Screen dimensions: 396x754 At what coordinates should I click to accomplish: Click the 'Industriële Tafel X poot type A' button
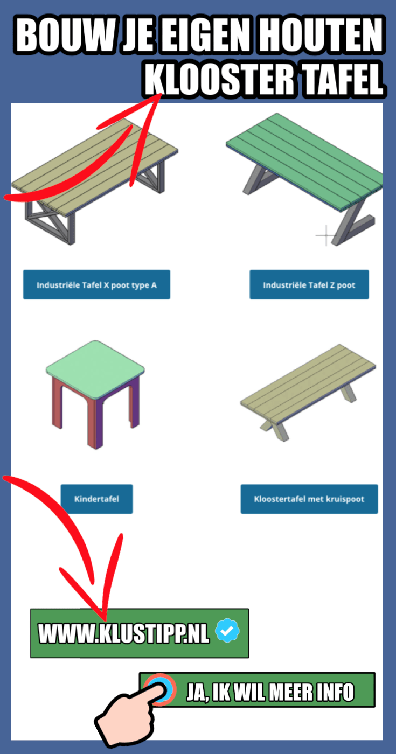pos(96,284)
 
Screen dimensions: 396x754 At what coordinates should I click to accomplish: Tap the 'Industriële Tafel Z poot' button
pos(309,284)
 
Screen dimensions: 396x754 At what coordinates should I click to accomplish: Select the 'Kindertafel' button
pos(96,499)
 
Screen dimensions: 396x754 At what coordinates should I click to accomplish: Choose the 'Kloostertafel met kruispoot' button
pos(309,499)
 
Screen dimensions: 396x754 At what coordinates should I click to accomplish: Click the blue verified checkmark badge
pos(227,630)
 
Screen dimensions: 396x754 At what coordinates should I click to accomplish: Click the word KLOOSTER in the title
pos(220,80)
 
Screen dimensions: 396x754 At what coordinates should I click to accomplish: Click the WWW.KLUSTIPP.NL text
pos(123,633)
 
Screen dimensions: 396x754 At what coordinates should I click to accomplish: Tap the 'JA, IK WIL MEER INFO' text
pos(270,693)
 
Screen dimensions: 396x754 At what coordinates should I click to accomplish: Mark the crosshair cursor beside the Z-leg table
pos(325,235)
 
